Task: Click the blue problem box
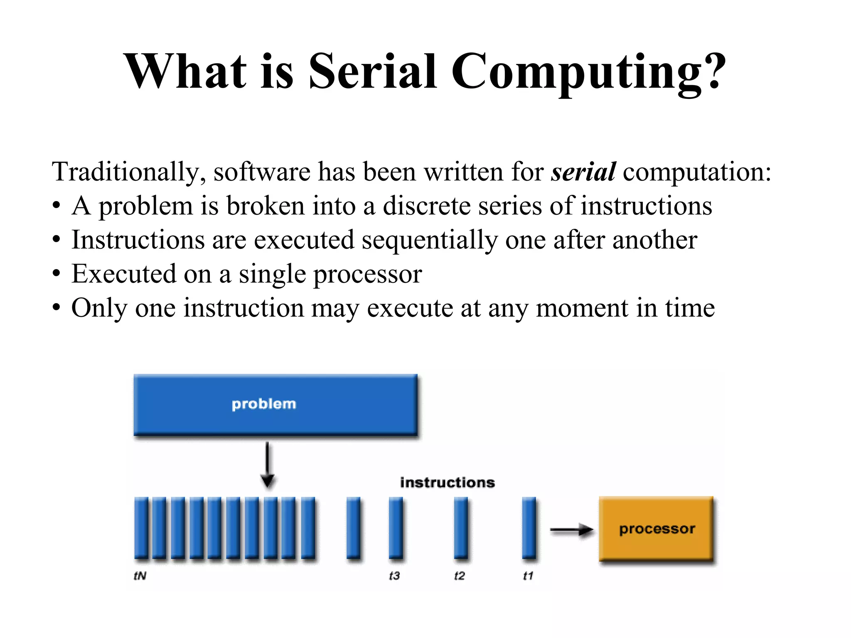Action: [x=275, y=404]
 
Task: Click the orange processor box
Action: [x=657, y=529]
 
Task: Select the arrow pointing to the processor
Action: [x=572, y=530]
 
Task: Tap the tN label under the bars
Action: [x=140, y=576]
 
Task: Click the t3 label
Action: [x=394, y=576]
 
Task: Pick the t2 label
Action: [x=460, y=576]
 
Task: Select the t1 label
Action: [x=528, y=576]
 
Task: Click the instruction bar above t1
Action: [x=529, y=528]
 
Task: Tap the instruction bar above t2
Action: [x=460, y=528]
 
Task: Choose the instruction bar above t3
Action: [x=396, y=528]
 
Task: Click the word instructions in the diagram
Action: [x=448, y=483]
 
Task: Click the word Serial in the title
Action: [x=372, y=71]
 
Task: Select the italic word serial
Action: [x=583, y=172]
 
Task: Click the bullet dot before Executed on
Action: [x=57, y=274]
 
